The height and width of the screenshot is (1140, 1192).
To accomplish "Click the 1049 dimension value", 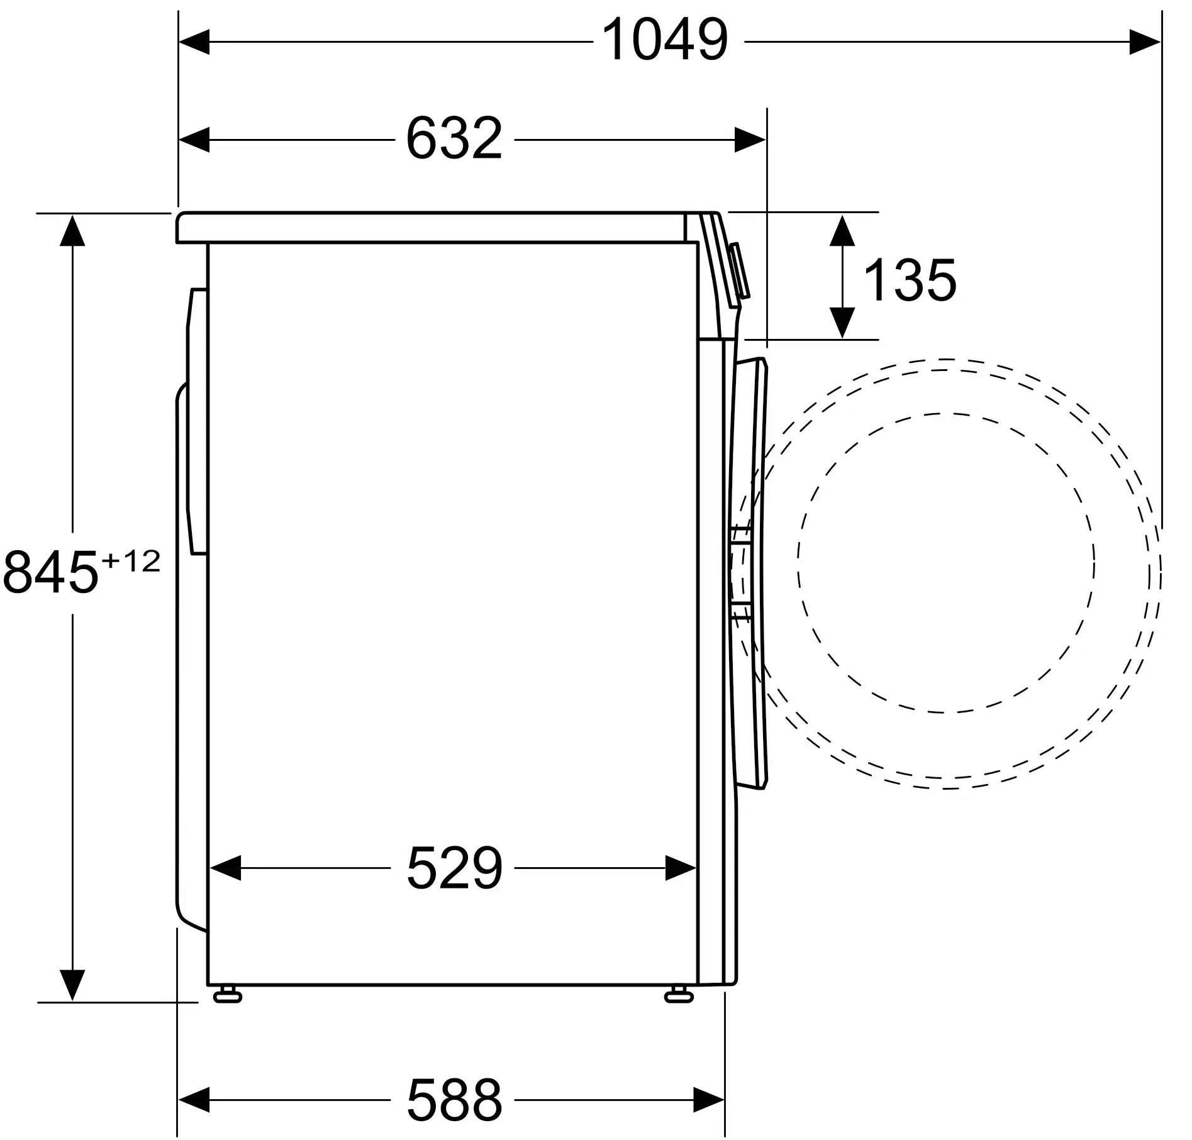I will click(665, 40).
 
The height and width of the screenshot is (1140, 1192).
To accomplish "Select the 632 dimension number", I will click(454, 139).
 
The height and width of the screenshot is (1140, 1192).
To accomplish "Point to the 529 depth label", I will click(454, 868).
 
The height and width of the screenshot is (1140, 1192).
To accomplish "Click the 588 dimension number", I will click(454, 1099).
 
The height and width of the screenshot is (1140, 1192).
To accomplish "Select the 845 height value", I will click(50, 572).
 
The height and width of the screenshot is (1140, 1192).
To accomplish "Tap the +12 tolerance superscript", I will click(131, 561).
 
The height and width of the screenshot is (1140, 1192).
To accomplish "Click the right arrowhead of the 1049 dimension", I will click(1144, 42).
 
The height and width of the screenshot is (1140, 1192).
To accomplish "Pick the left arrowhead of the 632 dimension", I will click(194, 140).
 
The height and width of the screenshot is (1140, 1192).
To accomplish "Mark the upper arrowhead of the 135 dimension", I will click(842, 230).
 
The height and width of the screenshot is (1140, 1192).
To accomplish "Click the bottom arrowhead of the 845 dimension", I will click(72, 984).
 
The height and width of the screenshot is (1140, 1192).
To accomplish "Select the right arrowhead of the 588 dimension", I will click(709, 1099).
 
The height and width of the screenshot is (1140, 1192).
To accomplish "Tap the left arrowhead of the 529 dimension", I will click(225, 868).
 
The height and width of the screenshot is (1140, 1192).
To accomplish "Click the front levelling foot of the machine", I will click(679, 995).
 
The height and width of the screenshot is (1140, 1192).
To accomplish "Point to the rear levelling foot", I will click(228, 995).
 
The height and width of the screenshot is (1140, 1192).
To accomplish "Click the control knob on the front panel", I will click(740, 271).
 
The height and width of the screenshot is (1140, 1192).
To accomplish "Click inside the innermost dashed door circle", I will click(946, 563).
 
